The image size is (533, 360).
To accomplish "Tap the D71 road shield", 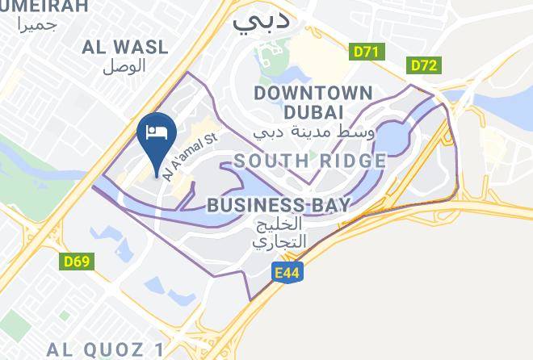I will click(367, 52).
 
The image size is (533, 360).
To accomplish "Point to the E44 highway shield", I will click(287, 273).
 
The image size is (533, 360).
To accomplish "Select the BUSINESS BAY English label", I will click(279, 205).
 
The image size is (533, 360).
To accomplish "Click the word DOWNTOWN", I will click(313, 93).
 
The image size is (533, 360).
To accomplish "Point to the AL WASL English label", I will click(124, 48).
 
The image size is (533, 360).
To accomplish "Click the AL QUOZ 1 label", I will click(106, 350).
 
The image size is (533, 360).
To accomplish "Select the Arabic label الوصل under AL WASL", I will click(124, 66).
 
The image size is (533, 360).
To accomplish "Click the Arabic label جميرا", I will click(38, 24).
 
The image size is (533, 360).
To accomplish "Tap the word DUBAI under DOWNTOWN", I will click(313, 111).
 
